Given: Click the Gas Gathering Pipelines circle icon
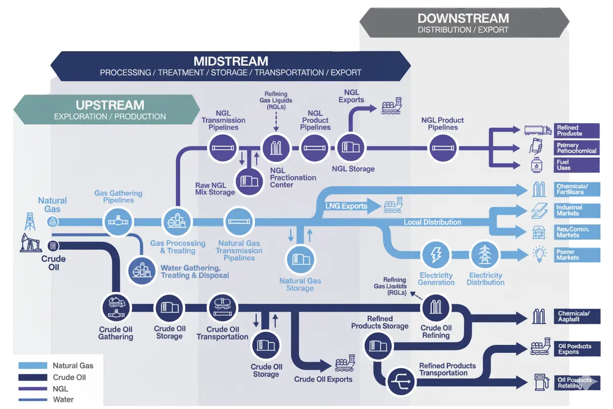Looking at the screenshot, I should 118,222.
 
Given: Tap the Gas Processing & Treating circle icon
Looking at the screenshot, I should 177,222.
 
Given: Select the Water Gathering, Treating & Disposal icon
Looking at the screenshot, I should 142,270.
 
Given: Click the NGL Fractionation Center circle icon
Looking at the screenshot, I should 276,147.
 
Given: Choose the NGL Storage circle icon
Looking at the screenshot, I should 351,147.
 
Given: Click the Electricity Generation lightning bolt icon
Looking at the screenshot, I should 436,255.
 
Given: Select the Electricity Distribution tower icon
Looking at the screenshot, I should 485,255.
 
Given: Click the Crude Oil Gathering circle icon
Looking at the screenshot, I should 116,307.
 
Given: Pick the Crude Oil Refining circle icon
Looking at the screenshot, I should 436,307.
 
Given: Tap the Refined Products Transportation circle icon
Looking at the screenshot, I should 401,381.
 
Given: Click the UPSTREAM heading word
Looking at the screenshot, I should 110,105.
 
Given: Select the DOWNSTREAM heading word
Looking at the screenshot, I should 463,19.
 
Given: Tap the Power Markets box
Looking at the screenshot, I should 577,255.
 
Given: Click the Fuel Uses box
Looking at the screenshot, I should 577,165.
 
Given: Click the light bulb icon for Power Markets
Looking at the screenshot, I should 539,254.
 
